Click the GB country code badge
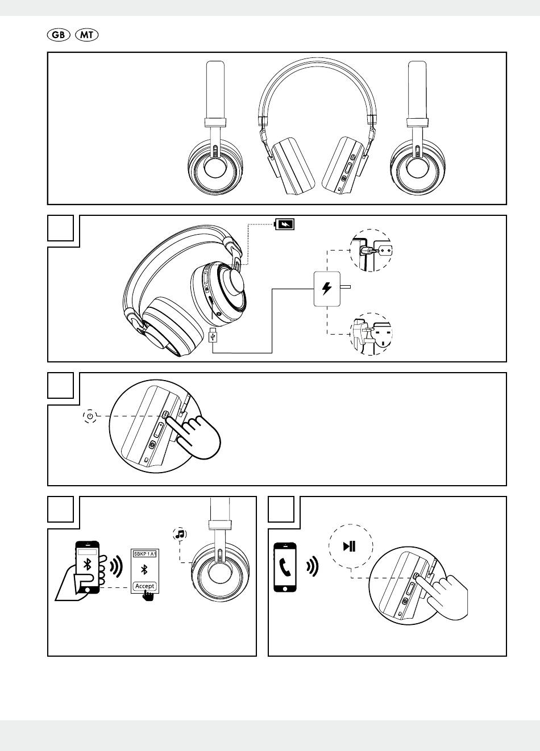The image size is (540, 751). coord(58,35)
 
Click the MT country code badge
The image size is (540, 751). coord(87,35)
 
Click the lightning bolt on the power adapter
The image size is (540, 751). coord(327,288)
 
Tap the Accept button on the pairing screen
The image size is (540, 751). coord(144,586)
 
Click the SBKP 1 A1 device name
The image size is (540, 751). coord(144,553)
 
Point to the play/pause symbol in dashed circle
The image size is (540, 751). coord(350,546)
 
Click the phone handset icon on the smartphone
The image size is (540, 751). coord(285,566)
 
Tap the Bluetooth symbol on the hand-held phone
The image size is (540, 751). coord(88,564)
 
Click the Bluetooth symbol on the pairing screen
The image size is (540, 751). coord(144,570)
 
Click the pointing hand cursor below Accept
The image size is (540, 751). coord(148,595)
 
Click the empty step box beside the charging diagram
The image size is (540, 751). coord(60,228)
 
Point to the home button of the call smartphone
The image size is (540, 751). coord(285,587)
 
